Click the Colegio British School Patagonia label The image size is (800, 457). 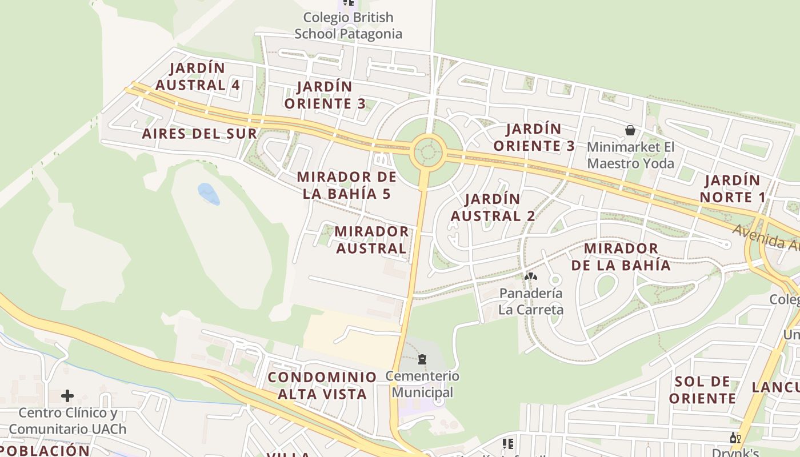pos(348,26)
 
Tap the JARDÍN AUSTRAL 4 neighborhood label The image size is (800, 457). pos(198,77)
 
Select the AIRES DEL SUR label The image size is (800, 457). pos(199,134)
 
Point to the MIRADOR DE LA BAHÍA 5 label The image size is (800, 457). pos(347,185)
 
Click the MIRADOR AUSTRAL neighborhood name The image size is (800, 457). pos(371,240)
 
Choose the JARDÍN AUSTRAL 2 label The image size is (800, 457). pos(493,207)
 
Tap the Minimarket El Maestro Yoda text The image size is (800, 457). pos(630,155)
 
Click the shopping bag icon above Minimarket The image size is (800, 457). pos(630,130)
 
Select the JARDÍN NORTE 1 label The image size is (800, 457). pos(732,189)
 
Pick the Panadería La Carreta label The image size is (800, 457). pos(531,301)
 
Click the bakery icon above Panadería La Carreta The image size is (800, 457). pos(531,276)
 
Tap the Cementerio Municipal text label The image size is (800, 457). pos(422,384)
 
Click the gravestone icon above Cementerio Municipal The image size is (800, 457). pos(422,359)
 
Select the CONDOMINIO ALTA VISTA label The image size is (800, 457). pos(322,386)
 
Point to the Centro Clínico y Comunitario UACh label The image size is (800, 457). pos(67,421)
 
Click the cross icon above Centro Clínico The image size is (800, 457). pos(67,395)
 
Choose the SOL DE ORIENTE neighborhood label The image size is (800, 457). pos(702,390)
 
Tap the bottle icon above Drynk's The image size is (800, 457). pos(735,438)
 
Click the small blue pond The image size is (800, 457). pos(209,194)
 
